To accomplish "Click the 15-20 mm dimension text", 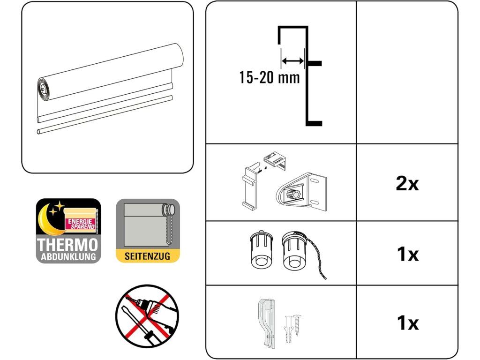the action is (269, 77).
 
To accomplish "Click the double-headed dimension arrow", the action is (292, 60).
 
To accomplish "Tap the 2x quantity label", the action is (407, 184).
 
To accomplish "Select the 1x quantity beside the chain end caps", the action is (407, 255).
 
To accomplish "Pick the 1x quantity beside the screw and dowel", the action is (407, 323).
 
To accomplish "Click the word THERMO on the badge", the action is (68, 244).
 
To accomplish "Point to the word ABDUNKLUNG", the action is (68, 256).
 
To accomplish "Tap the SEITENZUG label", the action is (148, 256).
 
